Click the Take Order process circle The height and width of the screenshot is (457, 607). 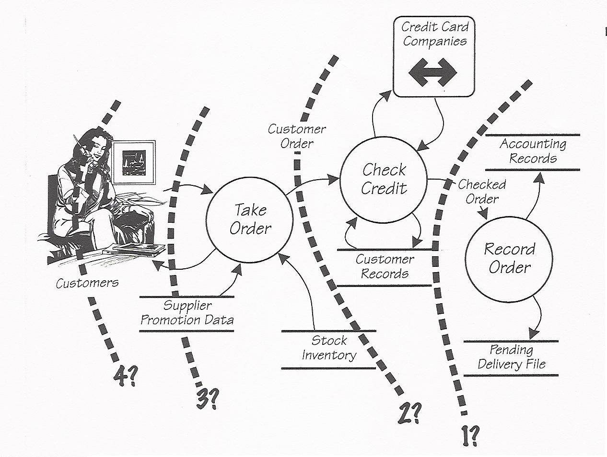pos(249,219)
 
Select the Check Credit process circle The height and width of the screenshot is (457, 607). pos(384,179)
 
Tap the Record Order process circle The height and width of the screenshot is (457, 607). pos(509,259)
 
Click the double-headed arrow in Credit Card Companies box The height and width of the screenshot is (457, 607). pos(433,73)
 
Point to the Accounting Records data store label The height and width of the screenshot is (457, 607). pos(533,151)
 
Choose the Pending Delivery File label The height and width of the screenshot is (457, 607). pos(511,357)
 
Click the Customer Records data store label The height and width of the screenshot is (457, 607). pos(385,266)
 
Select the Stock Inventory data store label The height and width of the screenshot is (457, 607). pos(329,348)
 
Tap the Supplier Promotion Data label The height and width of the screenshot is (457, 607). pos(187,313)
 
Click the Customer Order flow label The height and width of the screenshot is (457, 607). pos(297,136)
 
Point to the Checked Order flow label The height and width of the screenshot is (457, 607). pos(481,192)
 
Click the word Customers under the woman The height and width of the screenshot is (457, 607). pos(87,283)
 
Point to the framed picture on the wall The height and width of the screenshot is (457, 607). pos(134,161)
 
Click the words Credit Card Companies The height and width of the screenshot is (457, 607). pos(434,34)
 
